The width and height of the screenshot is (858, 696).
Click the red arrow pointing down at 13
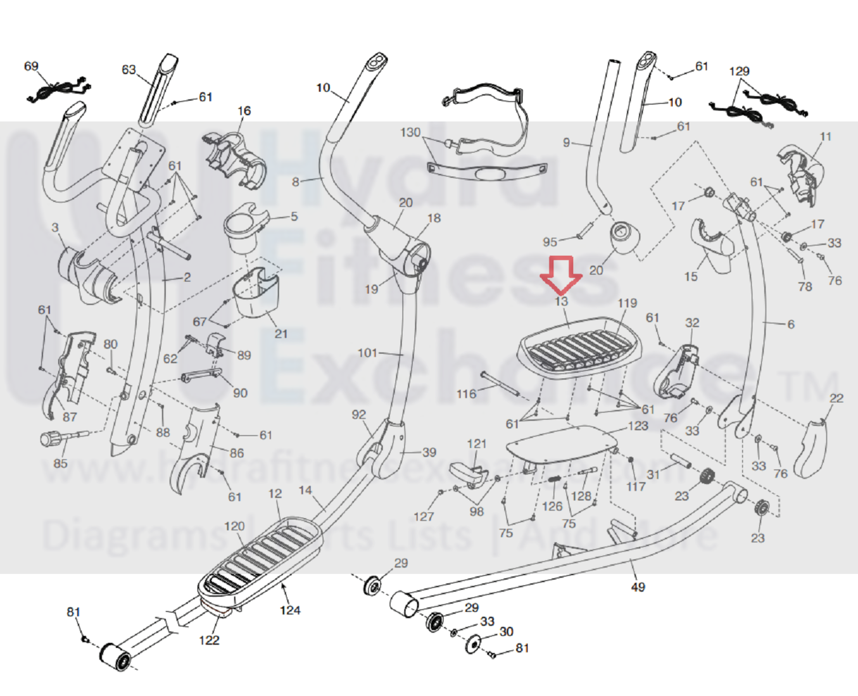point(561,274)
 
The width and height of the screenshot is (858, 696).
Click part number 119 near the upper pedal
point(627,303)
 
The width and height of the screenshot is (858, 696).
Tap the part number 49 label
point(638,587)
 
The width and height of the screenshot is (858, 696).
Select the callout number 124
point(290,611)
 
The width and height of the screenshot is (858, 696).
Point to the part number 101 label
point(367,353)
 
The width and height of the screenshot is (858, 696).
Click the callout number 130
point(410,132)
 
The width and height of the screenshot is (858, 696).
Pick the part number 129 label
point(739,72)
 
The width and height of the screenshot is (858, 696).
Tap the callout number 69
point(31,66)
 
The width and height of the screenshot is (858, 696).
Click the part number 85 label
point(60,463)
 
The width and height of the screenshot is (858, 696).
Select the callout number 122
point(209,640)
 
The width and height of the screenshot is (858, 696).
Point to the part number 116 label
point(466,394)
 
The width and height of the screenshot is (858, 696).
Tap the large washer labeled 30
point(473,644)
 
